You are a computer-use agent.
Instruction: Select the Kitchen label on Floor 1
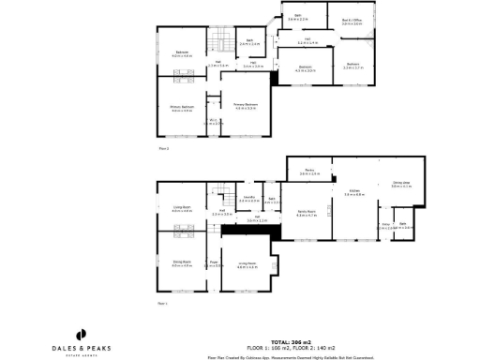coord(352,193)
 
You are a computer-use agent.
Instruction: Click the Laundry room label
coord(248,201)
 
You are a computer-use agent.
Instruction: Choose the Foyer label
coord(214,264)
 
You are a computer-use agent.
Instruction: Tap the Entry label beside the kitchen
coord(385,226)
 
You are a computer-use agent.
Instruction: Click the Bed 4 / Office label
coord(352,21)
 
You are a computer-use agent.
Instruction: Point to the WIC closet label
coord(214,122)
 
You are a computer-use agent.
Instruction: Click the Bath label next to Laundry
coord(271,201)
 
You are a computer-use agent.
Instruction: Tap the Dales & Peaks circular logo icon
coord(81,334)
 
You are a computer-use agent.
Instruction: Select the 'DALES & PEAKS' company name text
coord(81,348)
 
